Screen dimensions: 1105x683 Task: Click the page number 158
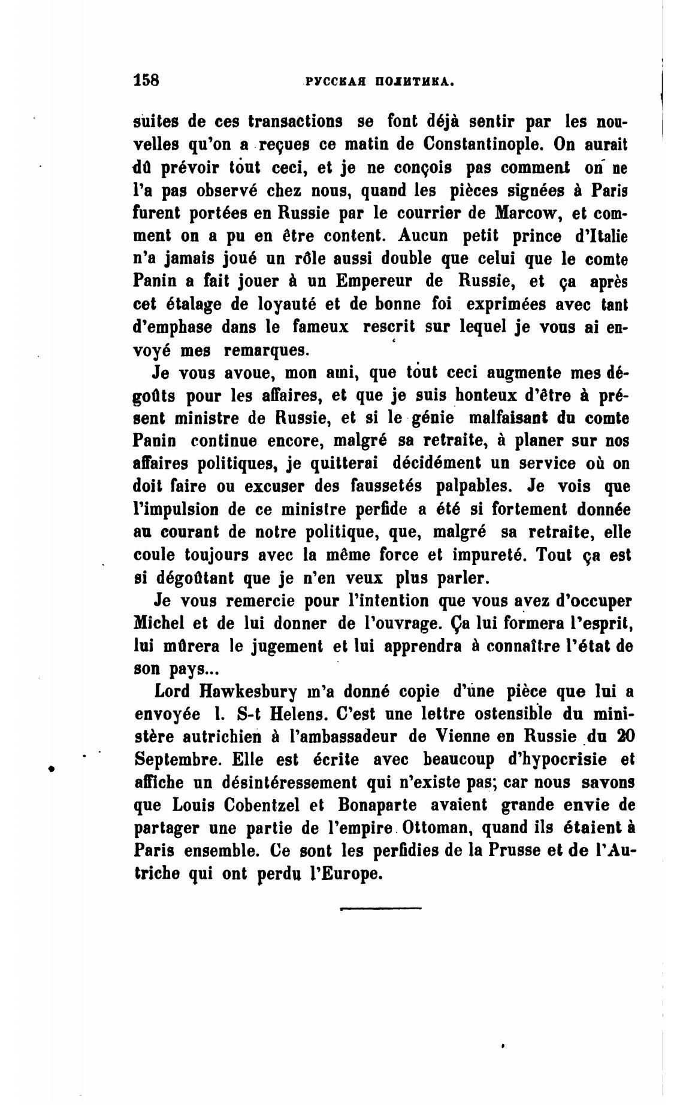[147, 80]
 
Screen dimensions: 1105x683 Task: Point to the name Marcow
[525, 213]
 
